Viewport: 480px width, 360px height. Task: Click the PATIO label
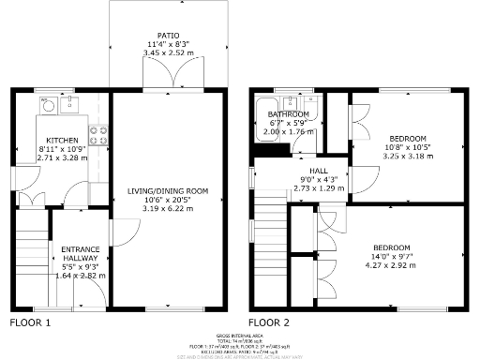[168, 34]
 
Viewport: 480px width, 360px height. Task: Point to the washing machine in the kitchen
[45, 106]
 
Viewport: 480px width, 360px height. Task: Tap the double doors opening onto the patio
[168, 85]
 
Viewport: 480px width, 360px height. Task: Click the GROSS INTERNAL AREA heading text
[239, 334]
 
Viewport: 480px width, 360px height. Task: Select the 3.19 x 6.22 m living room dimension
[168, 208]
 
